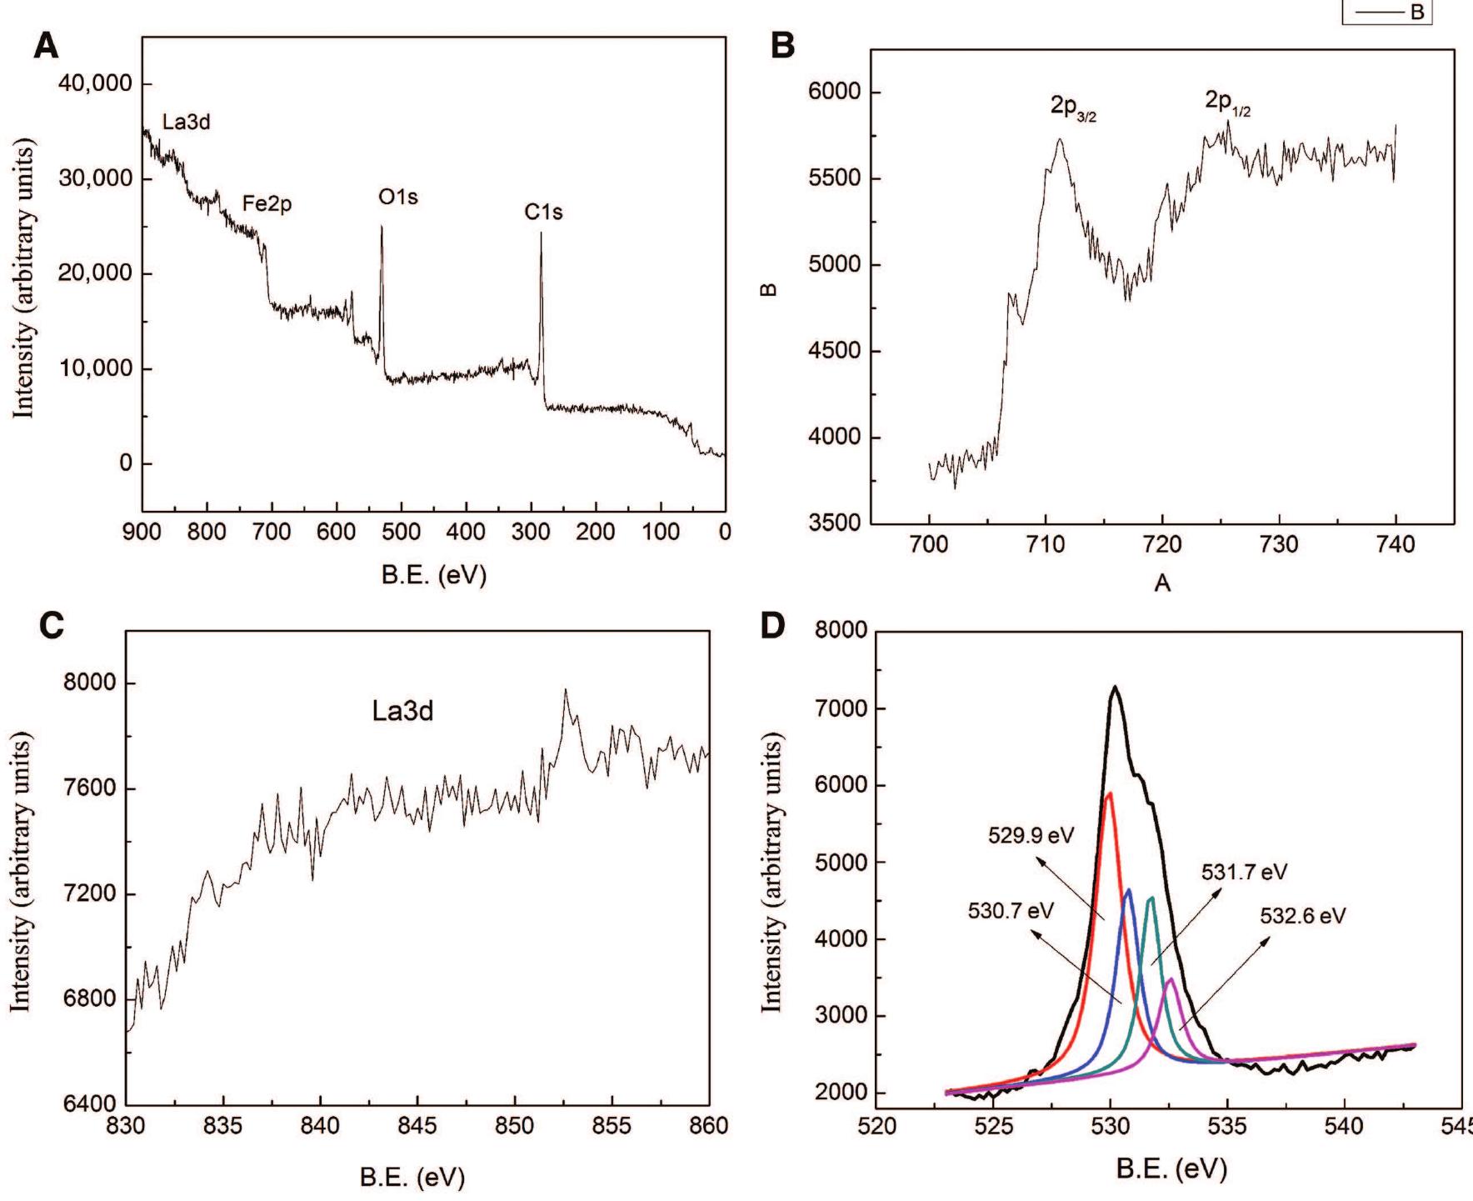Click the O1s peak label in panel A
(397, 198)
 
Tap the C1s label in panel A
(543, 213)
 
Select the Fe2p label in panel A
(267, 203)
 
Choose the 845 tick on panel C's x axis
(417, 1126)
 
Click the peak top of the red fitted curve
(1109, 793)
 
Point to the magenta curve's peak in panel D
(1171, 979)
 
